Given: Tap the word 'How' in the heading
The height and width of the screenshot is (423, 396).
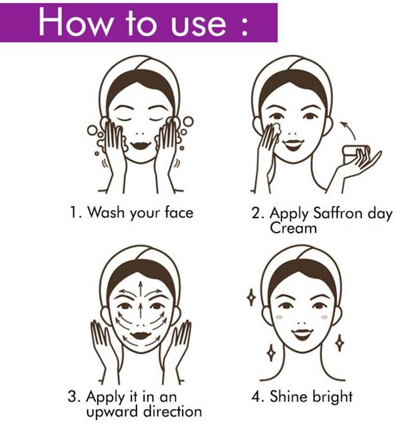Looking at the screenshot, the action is (75, 22).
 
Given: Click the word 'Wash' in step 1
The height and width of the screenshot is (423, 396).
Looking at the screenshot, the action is (106, 212).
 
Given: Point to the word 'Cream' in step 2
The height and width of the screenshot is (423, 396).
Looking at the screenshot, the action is (293, 228).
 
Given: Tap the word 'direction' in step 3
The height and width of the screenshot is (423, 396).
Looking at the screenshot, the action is (173, 411).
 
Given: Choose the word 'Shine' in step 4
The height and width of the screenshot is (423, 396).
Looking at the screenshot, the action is (289, 396).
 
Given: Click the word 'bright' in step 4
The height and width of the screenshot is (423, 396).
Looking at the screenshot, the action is (332, 397).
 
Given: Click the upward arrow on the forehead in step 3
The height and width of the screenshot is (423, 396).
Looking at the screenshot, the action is (140, 290).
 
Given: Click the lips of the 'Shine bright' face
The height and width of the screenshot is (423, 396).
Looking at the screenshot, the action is (302, 334).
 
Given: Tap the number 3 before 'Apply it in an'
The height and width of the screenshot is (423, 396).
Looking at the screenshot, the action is (72, 396).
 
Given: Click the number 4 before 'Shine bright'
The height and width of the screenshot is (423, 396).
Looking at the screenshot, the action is (256, 396).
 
